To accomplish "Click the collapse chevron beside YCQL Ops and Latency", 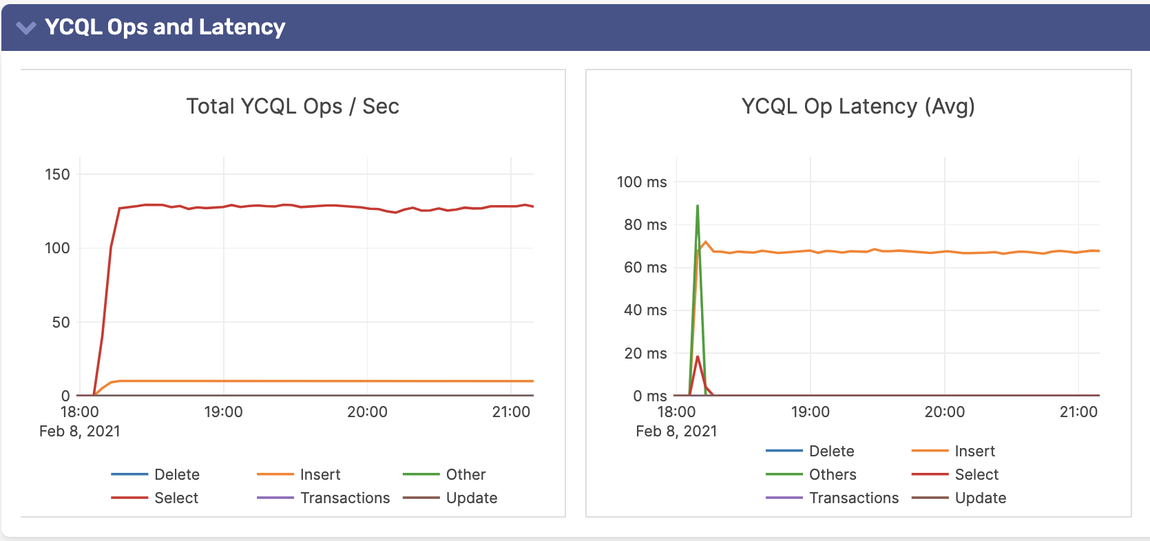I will [x=26, y=28].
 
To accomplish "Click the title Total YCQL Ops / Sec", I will [x=293, y=107].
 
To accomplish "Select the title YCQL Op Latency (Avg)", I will [x=857, y=107].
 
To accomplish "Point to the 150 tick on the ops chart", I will [x=57, y=175].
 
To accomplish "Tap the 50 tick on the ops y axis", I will [x=61, y=322].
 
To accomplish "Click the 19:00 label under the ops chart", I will [x=223, y=412].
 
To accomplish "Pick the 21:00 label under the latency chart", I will [x=1078, y=412].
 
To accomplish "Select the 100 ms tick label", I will [x=641, y=182].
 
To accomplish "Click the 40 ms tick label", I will [x=645, y=310].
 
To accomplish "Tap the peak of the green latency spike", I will [x=698, y=206].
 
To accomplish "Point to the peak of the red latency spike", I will [x=698, y=357].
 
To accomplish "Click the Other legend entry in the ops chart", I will [x=466, y=475].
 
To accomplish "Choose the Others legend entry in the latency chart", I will [x=832, y=475].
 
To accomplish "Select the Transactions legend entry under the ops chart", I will [x=344, y=498].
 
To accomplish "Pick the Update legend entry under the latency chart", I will [x=980, y=498].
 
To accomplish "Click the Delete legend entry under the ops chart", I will [x=176, y=475].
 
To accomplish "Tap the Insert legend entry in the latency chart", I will [x=974, y=452].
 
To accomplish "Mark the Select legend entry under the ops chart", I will [x=176, y=498].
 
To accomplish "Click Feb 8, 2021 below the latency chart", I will [x=676, y=432].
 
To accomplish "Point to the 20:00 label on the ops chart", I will [x=367, y=412].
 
